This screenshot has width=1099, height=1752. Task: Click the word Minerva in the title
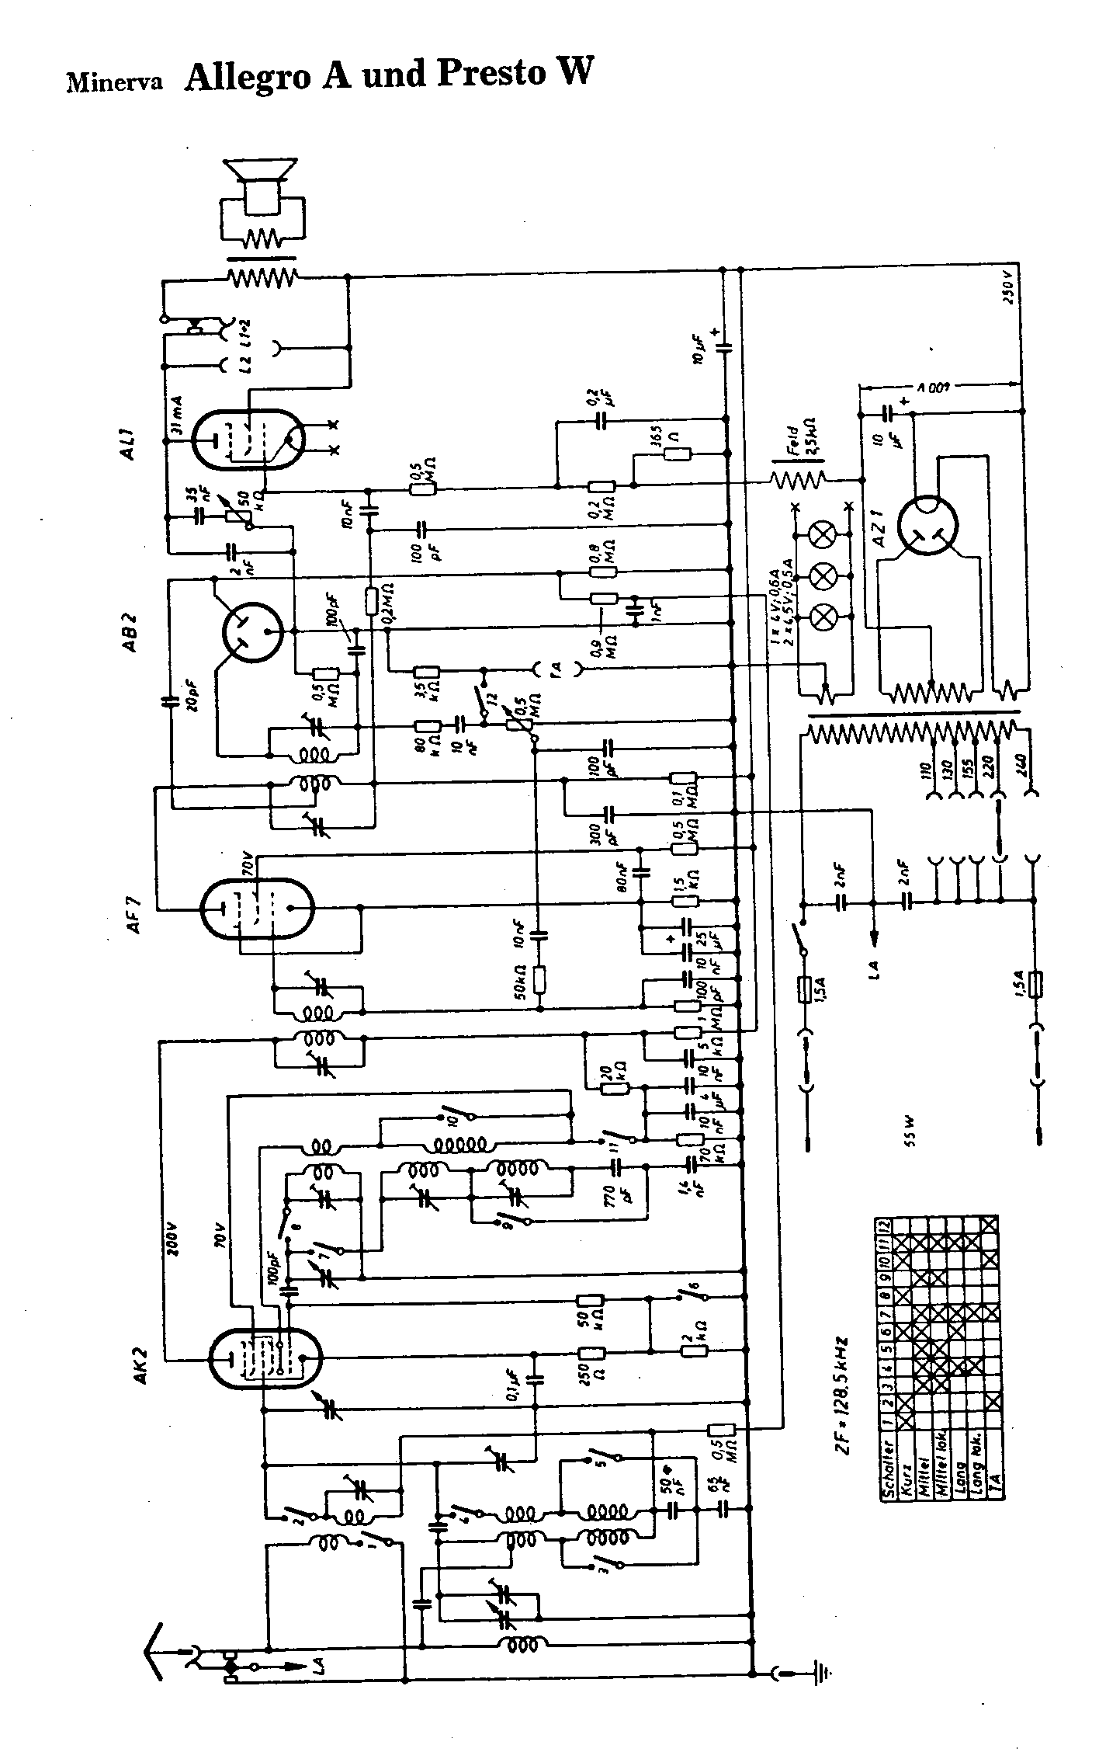click(113, 82)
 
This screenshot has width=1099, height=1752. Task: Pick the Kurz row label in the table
click(905, 1483)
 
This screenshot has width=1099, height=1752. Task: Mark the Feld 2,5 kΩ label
click(805, 444)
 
